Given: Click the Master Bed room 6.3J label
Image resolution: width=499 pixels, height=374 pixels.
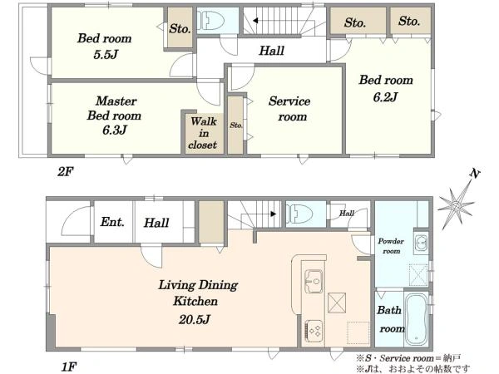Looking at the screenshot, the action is coord(114,116).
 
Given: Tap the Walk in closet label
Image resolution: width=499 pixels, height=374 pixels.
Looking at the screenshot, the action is coord(203,133).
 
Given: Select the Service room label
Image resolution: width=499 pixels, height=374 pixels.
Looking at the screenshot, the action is coord(289,109).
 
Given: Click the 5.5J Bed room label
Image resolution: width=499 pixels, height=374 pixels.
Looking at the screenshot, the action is coord(105,47).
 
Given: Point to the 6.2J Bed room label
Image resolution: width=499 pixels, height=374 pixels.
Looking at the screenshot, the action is coord(386,88).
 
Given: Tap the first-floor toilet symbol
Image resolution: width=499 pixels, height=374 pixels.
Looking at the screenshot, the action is coord(299,214).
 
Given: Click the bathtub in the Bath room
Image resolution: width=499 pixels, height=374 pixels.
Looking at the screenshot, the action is coord(416,319).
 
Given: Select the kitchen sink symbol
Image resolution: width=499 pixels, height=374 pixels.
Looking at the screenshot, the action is coord(314,281).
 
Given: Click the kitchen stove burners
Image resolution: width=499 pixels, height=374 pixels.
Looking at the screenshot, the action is coord(314,331).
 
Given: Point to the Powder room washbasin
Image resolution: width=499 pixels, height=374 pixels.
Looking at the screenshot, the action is coord(422,244).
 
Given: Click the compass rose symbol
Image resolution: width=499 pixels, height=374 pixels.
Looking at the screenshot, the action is coord(456,206).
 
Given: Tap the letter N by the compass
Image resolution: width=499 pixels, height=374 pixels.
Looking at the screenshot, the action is coord(475,174).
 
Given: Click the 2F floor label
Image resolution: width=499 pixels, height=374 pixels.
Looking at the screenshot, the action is coord(65,172).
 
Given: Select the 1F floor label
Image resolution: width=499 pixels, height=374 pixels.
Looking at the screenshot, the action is coord(68,367).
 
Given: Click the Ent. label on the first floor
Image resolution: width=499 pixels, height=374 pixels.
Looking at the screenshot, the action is coord(112,222).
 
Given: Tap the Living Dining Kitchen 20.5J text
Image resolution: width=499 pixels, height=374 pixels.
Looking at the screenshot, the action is coord(198,302).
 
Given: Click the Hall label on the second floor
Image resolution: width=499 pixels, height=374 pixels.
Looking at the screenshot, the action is coord(271,51).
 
